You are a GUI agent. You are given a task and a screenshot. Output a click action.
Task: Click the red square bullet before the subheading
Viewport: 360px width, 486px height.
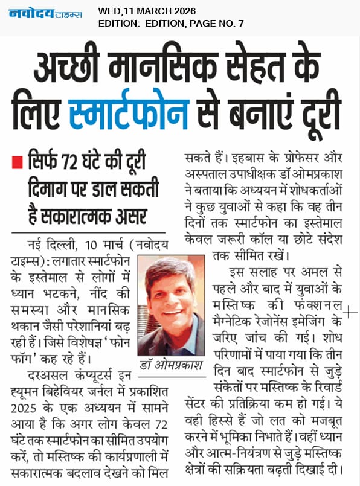(19, 161)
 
